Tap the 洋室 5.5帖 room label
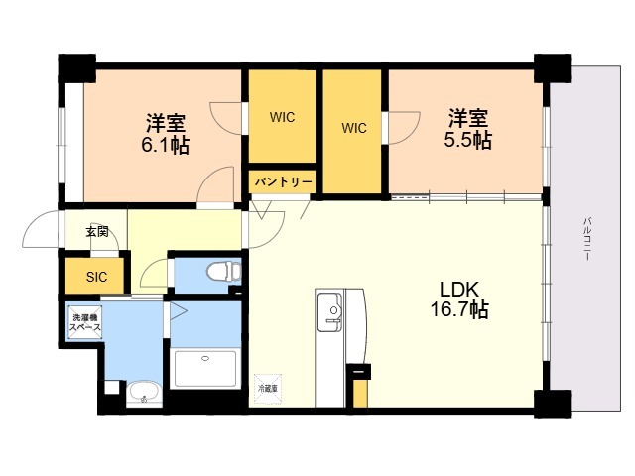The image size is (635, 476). click(466, 129)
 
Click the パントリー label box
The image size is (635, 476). click(282, 182)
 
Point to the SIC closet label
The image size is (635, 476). click(97, 276)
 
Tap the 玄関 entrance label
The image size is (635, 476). click(96, 233)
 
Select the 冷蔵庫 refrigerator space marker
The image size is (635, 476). click(267, 388)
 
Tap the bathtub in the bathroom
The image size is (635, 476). click(205, 367)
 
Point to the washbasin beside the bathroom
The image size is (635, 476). click(143, 393)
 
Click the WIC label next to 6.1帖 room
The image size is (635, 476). click(281, 116)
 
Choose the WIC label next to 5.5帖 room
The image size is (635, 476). click(354, 128)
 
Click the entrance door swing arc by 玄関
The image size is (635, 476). click(44, 230)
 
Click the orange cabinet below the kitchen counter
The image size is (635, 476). click(360, 389)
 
